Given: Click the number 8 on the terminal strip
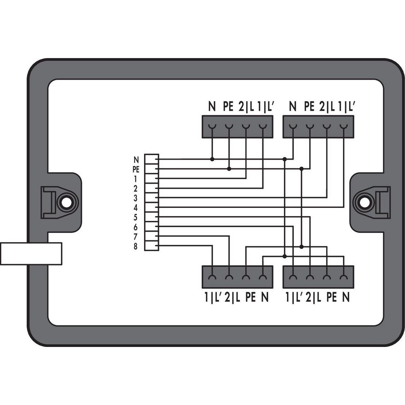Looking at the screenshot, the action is (135, 247).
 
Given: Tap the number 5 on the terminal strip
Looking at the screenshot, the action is (135, 217).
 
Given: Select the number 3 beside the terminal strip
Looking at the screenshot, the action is (135, 198).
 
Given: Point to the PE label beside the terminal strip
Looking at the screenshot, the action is (136, 170).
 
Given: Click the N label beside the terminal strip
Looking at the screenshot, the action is (136, 160).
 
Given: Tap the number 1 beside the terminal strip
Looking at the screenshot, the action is (135, 179).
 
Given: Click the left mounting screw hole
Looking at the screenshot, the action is (67, 202).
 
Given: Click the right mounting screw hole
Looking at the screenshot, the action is (364, 202).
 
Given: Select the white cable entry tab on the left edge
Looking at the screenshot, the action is (31, 254).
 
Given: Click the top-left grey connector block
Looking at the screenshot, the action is (237, 126).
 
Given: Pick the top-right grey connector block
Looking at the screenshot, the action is (318, 126).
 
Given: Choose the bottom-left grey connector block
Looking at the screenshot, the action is (237, 277).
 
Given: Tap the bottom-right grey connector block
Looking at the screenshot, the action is (318, 277).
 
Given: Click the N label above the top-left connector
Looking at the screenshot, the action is (212, 106).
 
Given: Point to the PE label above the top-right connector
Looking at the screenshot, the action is (309, 106).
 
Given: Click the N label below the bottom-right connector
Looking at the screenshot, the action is (346, 297).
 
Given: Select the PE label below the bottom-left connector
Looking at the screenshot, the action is (250, 297).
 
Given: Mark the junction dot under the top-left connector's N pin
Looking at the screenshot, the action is (212, 159).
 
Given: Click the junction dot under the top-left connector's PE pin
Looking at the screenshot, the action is (229, 169).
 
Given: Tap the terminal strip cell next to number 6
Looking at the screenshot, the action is (152, 227).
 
